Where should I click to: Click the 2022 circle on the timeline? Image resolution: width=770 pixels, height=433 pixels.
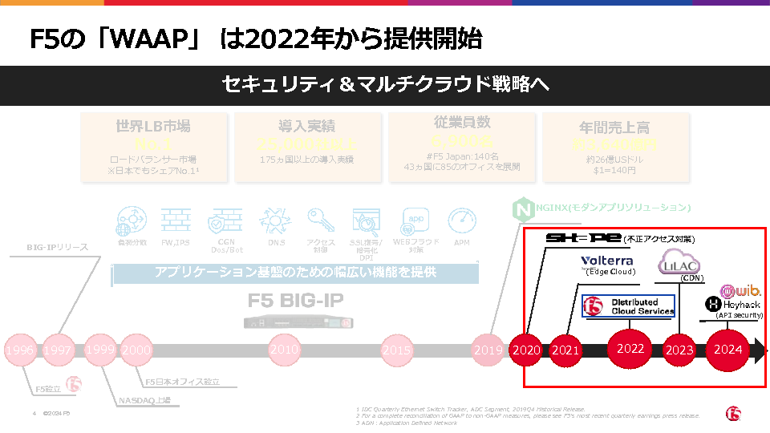(x=630, y=349)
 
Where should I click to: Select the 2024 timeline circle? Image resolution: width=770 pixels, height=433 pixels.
(x=728, y=350)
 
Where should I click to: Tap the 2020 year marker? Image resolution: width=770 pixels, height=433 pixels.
(x=526, y=350)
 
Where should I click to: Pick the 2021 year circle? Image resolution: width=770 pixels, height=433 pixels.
(x=565, y=350)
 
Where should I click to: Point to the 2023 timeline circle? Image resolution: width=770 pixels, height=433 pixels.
(x=679, y=350)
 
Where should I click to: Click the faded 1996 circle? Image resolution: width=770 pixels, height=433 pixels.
(x=19, y=350)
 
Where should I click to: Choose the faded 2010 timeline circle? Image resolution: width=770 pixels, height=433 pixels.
(x=284, y=350)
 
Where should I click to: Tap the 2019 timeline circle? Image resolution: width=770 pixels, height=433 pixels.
(x=488, y=350)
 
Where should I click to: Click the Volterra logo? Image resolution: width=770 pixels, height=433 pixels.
(x=607, y=261)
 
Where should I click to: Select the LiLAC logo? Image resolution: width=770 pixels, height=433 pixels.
(x=679, y=263)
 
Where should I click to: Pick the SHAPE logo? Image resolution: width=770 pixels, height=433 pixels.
(x=583, y=238)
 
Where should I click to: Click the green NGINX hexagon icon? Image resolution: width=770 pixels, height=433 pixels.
(x=522, y=210)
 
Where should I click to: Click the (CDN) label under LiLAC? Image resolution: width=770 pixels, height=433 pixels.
(x=691, y=278)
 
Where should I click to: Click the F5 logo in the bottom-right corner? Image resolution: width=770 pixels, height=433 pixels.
(x=733, y=412)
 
